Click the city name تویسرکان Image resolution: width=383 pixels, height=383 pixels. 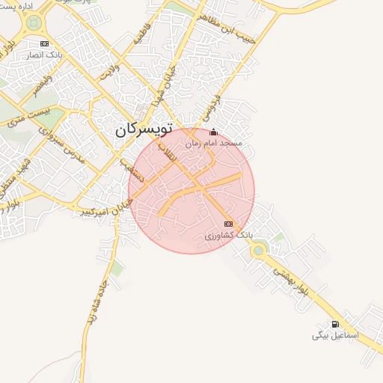(x=144, y=129)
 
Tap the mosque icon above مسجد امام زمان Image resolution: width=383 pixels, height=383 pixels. (x=213, y=132)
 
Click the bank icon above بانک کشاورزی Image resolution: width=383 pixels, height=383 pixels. (x=228, y=224)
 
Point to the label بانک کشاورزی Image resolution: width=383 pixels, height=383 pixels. (x=230, y=235)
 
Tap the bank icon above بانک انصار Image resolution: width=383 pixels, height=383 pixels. (x=44, y=43)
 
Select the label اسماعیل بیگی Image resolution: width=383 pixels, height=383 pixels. (x=336, y=336)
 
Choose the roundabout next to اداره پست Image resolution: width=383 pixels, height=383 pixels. (x=32, y=24)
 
